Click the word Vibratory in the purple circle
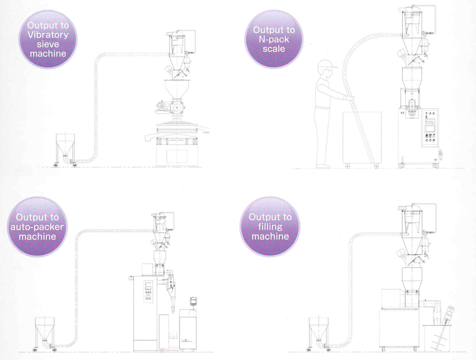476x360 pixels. tap(48, 35)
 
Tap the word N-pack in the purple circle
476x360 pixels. tap(274, 39)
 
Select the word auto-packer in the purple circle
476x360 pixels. tap(37, 227)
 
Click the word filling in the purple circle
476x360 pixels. tap(270, 226)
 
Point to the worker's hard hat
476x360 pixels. tap(327, 64)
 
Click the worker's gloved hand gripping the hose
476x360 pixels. tap(350, 98)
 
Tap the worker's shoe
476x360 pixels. tap(323, 166)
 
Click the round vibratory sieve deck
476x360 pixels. tap(177, 131)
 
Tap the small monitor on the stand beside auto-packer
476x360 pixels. tap(194, 301)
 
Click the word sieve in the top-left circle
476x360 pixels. tap(48, 44)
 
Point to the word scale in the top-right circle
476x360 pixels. tap(274, 49)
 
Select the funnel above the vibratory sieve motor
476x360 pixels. tap(176, 89)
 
